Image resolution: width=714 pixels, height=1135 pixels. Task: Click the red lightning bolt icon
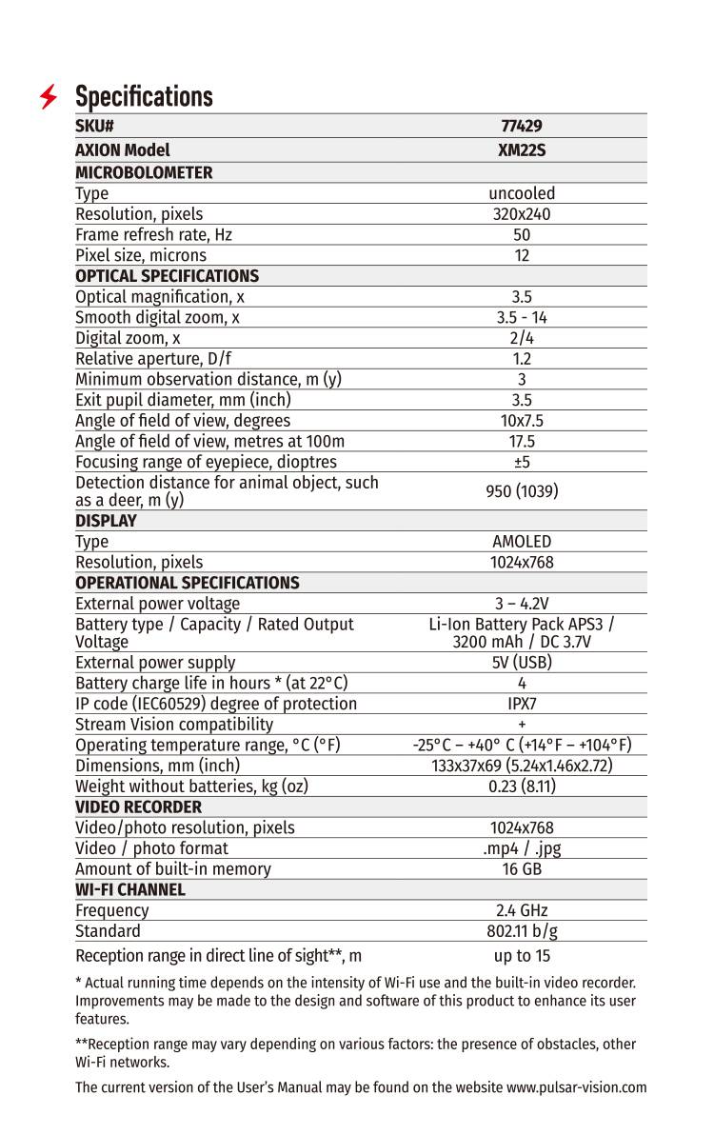click(49, 97)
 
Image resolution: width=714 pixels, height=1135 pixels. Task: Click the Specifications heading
click(144, 97)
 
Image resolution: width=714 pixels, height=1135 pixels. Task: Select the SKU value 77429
click(522, 127)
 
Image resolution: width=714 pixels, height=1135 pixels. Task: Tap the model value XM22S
click(522, 150)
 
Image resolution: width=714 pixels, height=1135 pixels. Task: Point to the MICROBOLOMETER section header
click(144, 172)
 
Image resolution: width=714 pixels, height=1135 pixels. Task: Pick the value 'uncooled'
click(522, 193)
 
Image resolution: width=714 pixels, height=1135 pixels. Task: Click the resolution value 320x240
click(522, 214)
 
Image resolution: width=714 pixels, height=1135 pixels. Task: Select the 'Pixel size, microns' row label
click(141, 255)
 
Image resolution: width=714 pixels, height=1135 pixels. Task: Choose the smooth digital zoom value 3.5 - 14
click(522, 317)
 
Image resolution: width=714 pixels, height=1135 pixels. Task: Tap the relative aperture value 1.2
click(522, 359)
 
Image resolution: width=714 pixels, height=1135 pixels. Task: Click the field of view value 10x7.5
click(522, 421)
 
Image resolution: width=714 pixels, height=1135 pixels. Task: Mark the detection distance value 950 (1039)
click(522, 491)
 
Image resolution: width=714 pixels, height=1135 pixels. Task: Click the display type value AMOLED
click(522, 542)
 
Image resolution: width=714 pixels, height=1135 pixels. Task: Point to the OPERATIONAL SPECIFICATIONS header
click(188, 583)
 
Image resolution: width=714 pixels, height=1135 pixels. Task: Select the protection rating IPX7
click(522, 704)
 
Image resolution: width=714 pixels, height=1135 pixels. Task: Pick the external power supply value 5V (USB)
click(522, 663)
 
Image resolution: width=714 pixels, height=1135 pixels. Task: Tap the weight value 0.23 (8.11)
click(522, 787)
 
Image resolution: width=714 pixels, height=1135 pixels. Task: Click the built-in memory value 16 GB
click(522, 868)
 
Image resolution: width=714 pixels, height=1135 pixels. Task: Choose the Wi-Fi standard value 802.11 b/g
click(522, 931)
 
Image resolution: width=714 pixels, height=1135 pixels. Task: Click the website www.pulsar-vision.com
click(576, 1087)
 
